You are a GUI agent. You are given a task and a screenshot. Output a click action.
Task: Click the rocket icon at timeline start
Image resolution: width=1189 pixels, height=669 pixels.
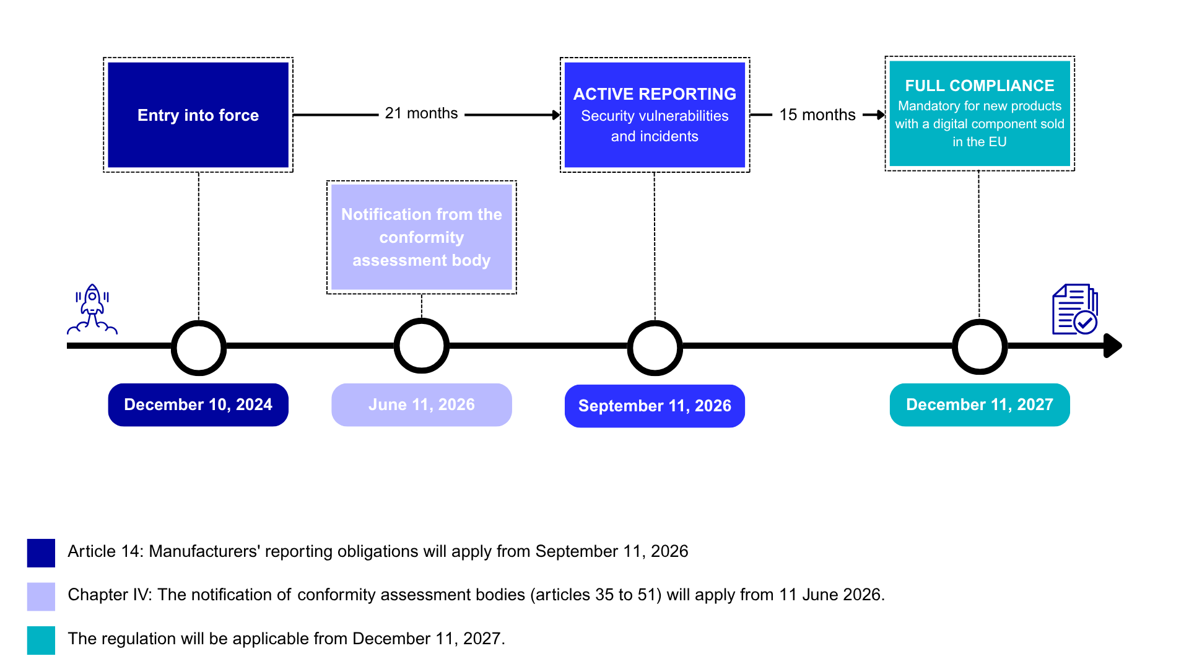click(92, 309)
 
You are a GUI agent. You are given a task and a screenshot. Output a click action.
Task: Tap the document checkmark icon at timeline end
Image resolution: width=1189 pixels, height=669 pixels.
click(1075, 310)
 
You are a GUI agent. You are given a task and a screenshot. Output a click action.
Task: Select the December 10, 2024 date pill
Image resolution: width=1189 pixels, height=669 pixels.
click(198, 404)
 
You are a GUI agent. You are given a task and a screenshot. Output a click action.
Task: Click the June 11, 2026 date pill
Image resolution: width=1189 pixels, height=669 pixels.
click(421, 404)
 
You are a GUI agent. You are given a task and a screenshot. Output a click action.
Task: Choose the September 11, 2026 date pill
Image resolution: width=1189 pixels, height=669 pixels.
click(655, 406)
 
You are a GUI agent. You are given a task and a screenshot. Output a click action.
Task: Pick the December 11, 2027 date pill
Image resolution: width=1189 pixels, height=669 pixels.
click(979, 404)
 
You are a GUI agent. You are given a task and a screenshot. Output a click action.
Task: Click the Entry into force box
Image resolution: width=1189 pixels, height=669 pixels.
click(198, 115)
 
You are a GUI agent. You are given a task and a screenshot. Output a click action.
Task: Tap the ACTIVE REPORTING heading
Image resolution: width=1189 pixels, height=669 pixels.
click(655, 94)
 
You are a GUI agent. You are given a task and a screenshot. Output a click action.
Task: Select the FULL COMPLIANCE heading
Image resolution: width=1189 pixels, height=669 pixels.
click(979, 85)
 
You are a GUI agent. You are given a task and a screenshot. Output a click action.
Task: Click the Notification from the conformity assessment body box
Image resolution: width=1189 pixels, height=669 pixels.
click(421, 237)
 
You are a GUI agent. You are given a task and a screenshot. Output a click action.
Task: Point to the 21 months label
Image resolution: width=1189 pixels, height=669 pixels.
click(421, 113)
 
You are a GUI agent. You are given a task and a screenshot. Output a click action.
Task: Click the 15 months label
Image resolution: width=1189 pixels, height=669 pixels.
click(817, 115)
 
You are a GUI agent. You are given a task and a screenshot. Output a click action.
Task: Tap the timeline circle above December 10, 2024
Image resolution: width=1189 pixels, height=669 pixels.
click(198, 348)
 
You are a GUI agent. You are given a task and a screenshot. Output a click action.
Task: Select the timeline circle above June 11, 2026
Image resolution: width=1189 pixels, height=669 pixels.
click(421, 346)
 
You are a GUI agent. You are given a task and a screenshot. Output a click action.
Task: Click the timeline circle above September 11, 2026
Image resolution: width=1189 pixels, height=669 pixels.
click(655, 348)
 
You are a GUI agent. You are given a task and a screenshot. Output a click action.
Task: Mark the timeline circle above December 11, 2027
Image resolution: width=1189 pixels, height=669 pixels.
click(979, 347)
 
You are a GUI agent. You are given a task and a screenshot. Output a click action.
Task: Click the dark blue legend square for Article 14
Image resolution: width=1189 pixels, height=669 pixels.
click(41, 553)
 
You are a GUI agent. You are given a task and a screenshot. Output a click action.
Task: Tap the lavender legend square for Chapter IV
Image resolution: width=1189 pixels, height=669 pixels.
click(41, 596)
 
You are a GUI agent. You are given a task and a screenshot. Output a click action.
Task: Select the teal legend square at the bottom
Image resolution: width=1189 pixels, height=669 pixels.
click(41, 640)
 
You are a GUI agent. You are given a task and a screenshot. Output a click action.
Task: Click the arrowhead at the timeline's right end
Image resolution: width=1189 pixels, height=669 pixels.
click(1113, 346)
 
